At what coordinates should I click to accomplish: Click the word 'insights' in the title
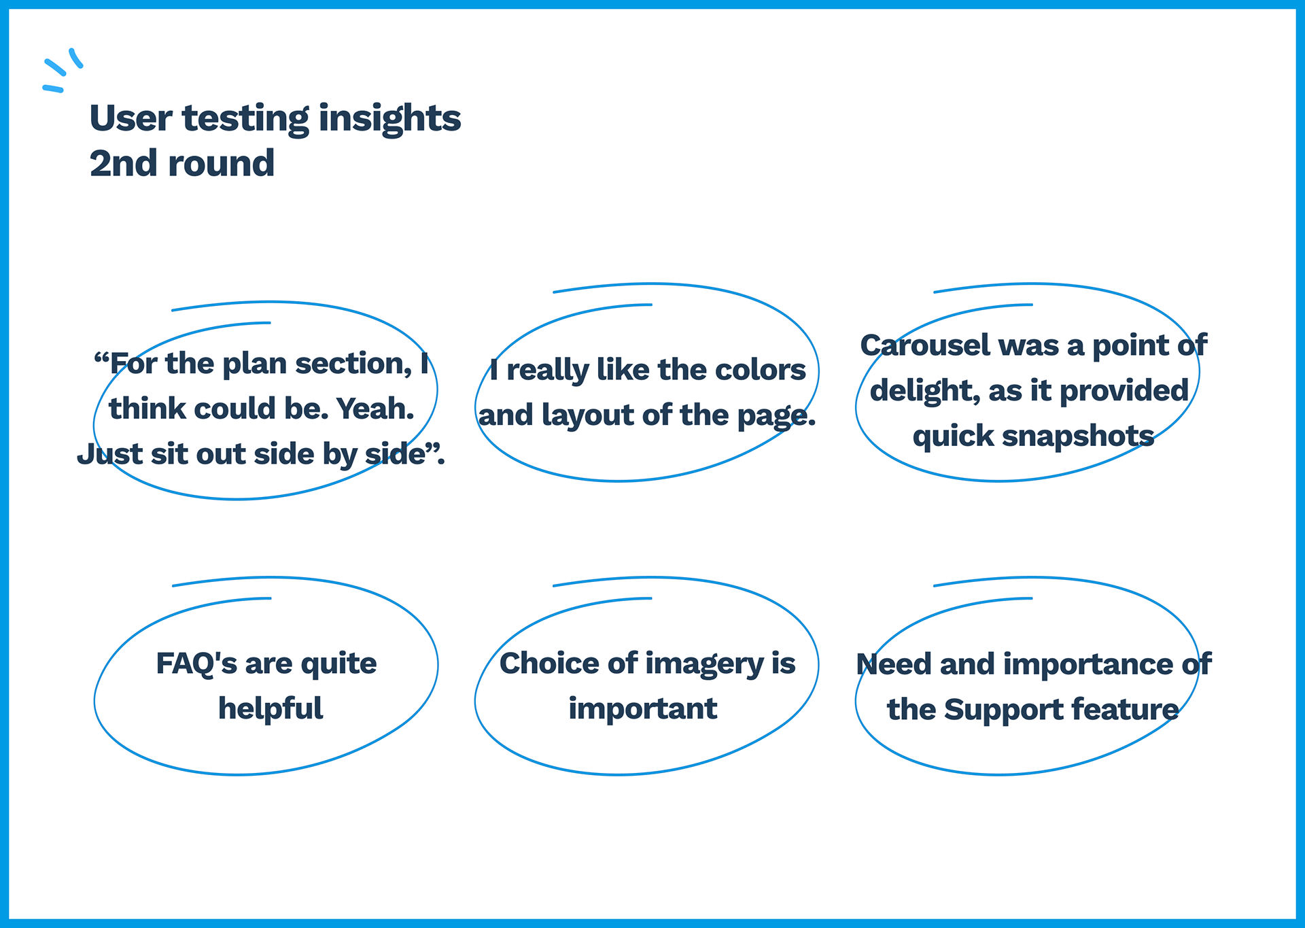click(389, 119)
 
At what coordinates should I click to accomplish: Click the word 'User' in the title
click(131, 118)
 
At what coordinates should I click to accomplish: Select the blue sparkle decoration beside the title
click(63, 70)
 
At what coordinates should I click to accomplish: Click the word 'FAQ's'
click(196, 664)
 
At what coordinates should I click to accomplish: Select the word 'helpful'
click(271, 708)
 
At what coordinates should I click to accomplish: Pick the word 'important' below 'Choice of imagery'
click(643, 709)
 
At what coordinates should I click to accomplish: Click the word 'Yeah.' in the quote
click(375, 409)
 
